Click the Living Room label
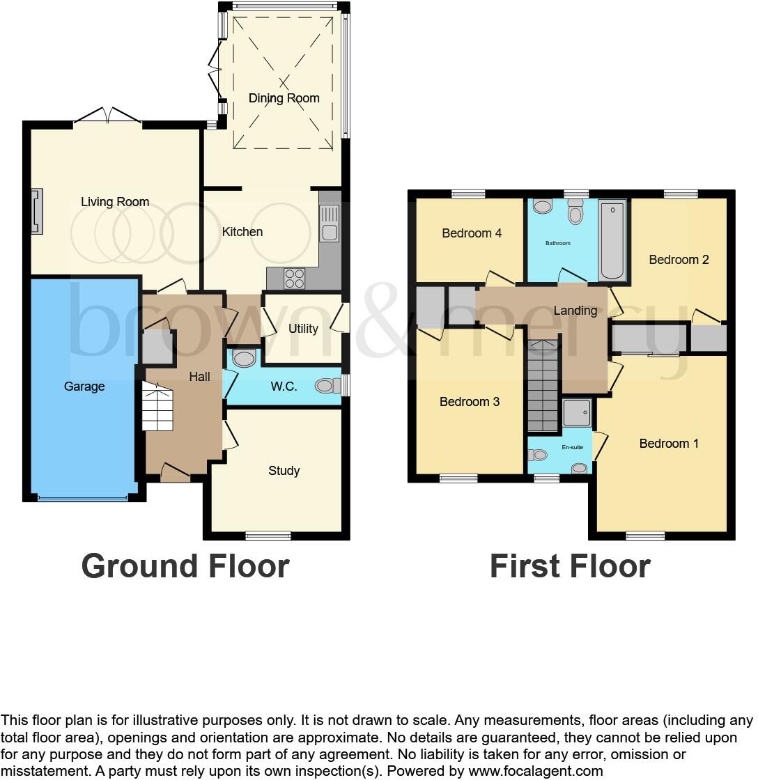(115, 202)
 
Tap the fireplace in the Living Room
(36, 210)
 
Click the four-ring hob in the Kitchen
(295, 279)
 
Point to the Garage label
(84, 387)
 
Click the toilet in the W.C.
(326, 386)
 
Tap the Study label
(284, 471)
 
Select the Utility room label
(303, 329)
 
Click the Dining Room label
(284, 98)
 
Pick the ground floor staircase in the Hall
(157, 407)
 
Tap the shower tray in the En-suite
(577, 412)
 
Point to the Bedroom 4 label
(472, 233)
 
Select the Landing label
(575, 311)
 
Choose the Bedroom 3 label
(470, 402)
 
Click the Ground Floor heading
(185, 565)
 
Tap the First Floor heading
(570, 565)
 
